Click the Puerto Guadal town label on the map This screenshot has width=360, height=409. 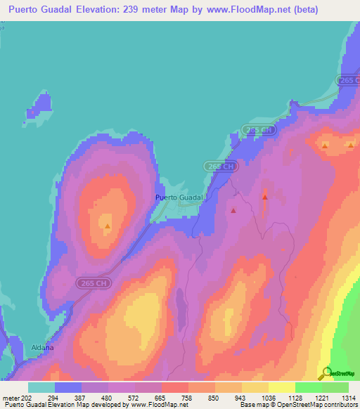[x=179, y=198]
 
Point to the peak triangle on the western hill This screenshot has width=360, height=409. [x=107, y=226]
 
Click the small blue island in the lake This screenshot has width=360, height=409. [x=40, y=108]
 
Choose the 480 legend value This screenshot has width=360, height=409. [x=108, y=398]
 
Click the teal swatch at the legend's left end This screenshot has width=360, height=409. [x=41, y=387]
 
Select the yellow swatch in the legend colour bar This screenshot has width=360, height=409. [x=281, y=387]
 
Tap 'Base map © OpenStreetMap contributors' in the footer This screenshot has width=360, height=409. [x=300, y=405]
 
